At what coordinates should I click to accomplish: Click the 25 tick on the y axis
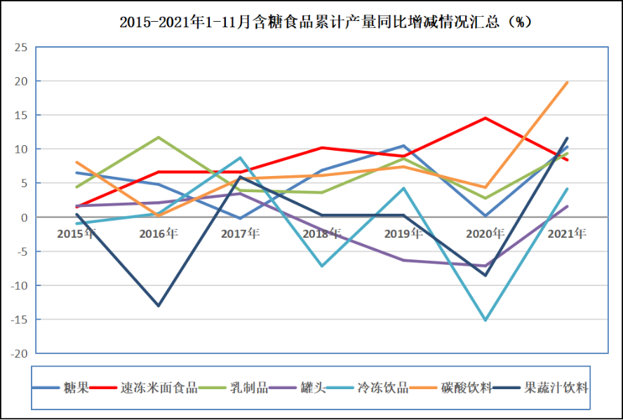[21, 48]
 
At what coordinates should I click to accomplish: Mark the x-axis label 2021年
[566, 233]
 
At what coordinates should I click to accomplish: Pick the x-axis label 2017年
[240, 233]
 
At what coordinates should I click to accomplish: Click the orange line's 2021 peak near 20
[567, 83]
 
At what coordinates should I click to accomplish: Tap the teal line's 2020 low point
[485, 320]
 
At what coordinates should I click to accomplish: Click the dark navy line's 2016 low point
[159, 306]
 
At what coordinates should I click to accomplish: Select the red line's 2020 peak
[485, 118]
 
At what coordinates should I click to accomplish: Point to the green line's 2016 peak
[159, 137]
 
